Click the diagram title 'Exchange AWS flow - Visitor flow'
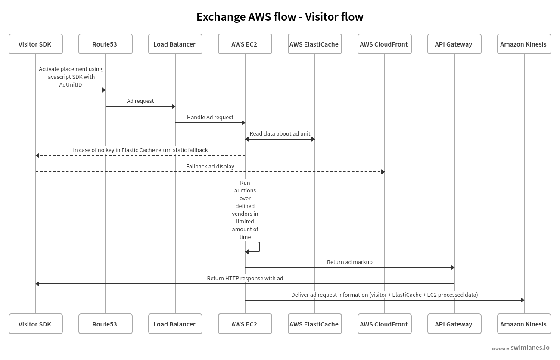(x=280, y=17)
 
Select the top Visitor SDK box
(x=35, y=44)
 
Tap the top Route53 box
(x=105, y=44)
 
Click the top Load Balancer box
(x=175, y=44)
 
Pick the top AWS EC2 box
(x=245, y=44)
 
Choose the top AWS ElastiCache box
(x=314, y=44)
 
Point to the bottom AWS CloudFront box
(x=384, y=324)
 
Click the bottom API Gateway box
(x=454, y=324)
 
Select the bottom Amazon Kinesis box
(x=524, y=324)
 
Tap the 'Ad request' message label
(x=140, y=101)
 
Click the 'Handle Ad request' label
(x=210, y=118)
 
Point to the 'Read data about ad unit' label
(x=280, y=134)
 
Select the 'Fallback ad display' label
(x=210, y=167)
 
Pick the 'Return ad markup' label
(x=349, y=262)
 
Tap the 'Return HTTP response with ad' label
(x=245, y=279)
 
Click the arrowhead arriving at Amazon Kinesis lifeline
(x=522, y=300)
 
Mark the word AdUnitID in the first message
(x=71, y=85)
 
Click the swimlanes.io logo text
(x=530, y=348)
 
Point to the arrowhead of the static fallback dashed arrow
(x=37, y=155)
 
